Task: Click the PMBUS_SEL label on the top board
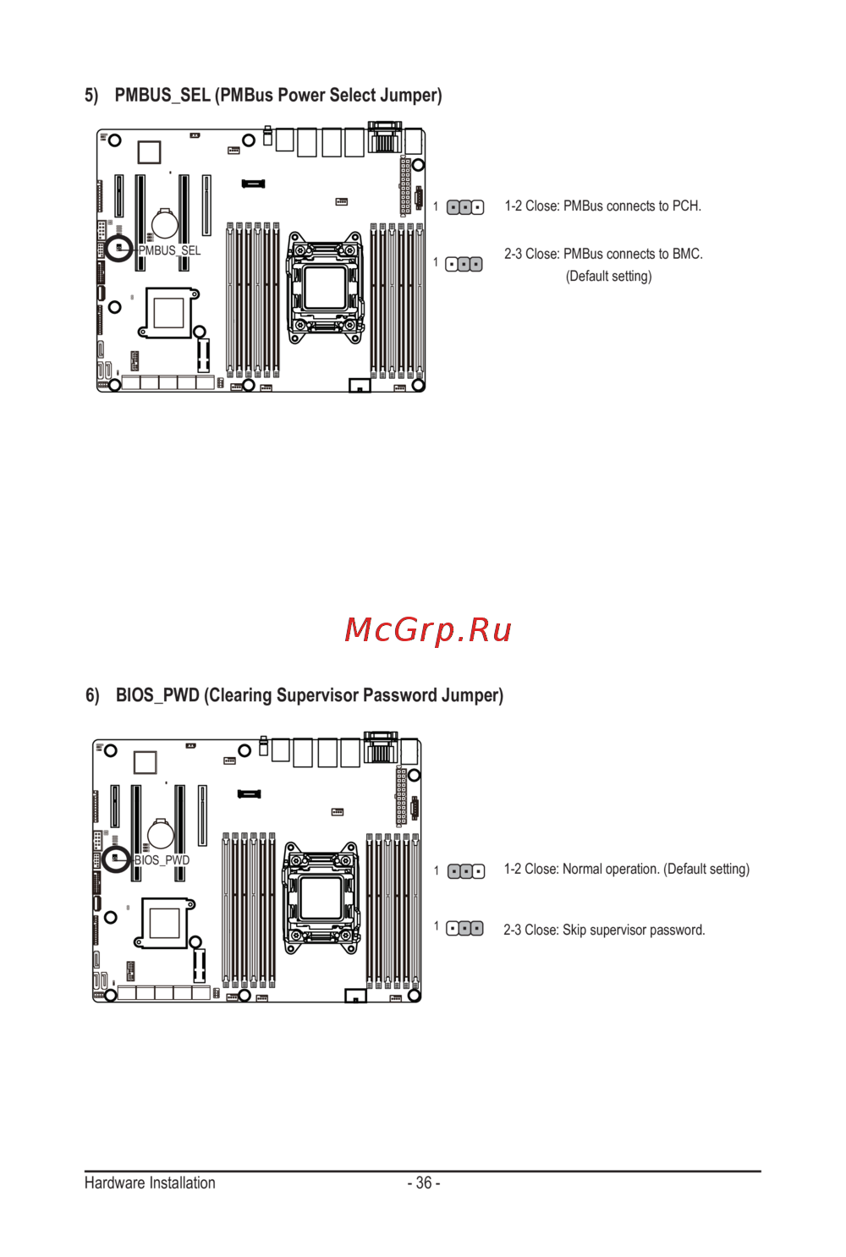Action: coord(169,251)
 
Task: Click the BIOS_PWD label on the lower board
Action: coord(162,860)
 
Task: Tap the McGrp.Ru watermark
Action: coord(428,631)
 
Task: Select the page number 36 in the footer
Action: coord(424,1183)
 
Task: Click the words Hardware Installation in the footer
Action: coord(150,1183)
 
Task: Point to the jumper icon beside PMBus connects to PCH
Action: coord(465,207)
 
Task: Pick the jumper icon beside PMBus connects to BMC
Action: coord(464,264)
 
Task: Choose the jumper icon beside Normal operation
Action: coord(466,871)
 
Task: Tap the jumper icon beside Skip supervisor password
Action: coord(464,929)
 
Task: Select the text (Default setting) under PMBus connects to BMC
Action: coord(608,277)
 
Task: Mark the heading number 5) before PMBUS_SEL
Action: coord(91,96)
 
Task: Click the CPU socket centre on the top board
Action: coord(325,288)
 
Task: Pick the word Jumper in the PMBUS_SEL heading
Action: coord(411,96)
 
